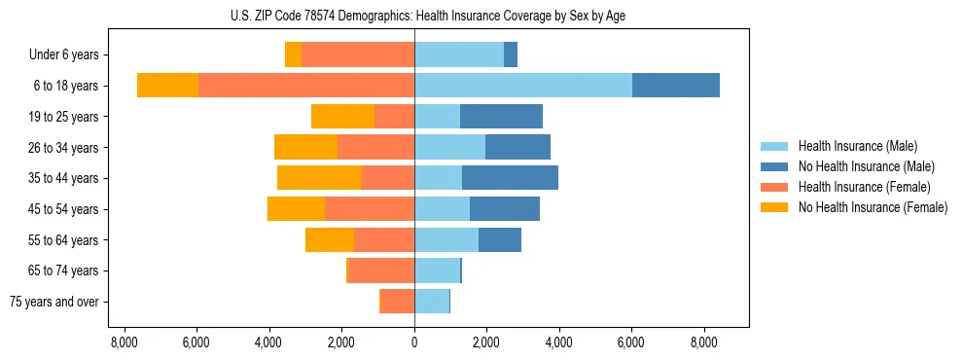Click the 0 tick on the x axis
pyautogui.click(x=414, y=342)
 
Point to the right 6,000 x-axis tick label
pyautogui.click(x=631, y=342)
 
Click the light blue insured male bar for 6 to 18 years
pyautogui.click(x=523, y=86)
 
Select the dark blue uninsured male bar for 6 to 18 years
pyautogui.click(x=676, y=86)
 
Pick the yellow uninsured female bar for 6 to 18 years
pyautogui.click(x=167, y=86)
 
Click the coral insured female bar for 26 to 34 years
pyautogui.click(x=375, y=147)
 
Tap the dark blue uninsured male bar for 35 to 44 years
pyautogui.click(x=510, y=178)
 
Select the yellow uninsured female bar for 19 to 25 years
pyautogui.click(x=342, y=117)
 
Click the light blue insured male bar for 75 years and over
pyautogui.click(x=432, y=302)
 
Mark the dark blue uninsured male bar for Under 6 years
pyautogui.click(x=511, y=55)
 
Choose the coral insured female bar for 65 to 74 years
pyautogui.click(x=381, y=270)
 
